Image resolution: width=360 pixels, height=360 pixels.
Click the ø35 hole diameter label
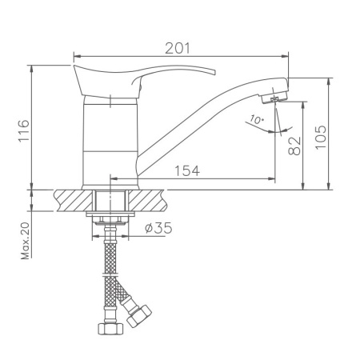pyautogui.click(x=158, y=228)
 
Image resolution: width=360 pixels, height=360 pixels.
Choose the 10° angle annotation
pyautogui.click(x=256, y=120)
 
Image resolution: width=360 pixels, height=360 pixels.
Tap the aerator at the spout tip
pyautogui.click(x=276, y=97)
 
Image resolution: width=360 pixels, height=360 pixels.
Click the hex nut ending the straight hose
pyautogui.click(x=108, y=327)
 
